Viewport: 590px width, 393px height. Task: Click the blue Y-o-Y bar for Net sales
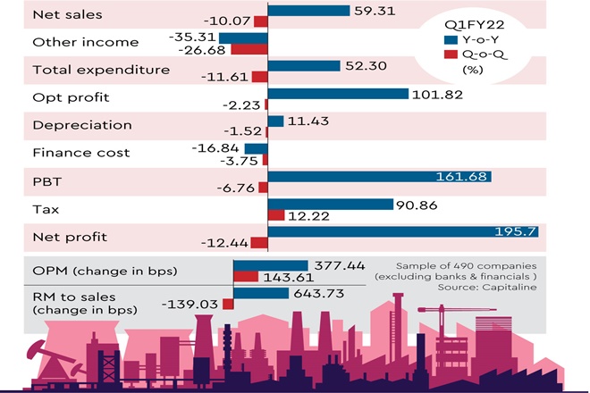308,11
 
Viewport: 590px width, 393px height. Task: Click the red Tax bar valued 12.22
275,216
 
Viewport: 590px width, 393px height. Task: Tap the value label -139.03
191,305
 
